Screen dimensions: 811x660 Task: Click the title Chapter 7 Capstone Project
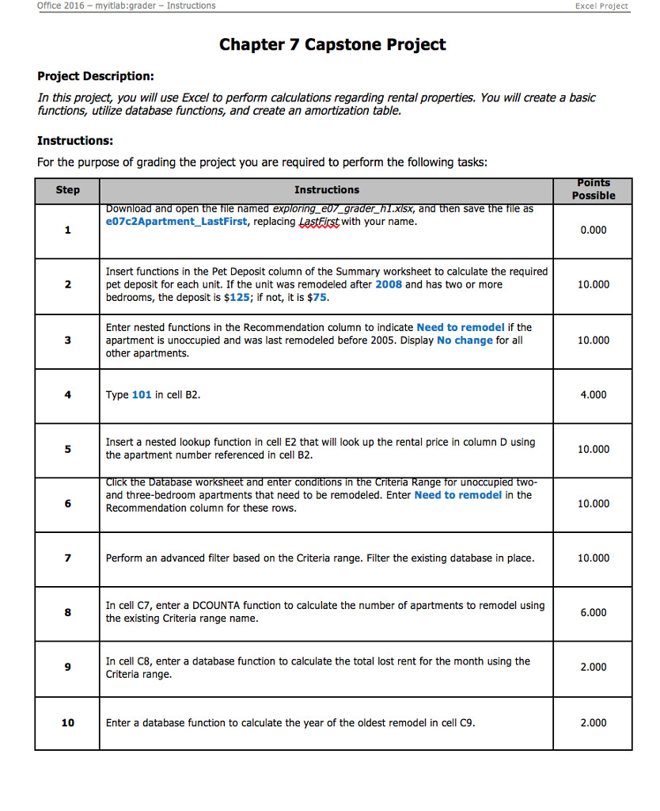(332, 44)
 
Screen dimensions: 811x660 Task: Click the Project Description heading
(96, 76)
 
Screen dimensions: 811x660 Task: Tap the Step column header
(67, 190)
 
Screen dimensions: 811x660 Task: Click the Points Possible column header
(594, 189)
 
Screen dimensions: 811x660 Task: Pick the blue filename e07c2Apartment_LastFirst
(178, 223)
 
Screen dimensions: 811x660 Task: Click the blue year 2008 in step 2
(389, 284)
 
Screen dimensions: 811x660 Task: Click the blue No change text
(465, 341)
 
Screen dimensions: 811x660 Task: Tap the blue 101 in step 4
(142, 394)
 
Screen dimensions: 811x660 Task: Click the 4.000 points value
(594, 394)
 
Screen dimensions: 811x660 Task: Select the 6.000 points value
(594, 612)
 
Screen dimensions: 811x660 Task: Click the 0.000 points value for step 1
(594, 230)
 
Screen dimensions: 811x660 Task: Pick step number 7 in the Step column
(67, 558)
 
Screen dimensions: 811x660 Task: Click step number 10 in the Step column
(67, 722)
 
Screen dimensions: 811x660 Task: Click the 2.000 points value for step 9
(594, 667)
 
